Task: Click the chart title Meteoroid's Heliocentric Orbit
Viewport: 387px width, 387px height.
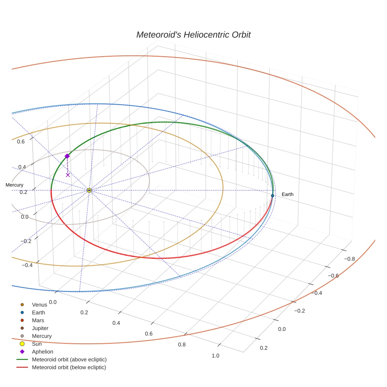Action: (x=193, y=35)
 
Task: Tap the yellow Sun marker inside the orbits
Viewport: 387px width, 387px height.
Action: (x=89, y=190)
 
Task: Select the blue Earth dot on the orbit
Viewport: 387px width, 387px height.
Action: (x=273, y=195)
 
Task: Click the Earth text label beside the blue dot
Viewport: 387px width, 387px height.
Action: (x=287, y=194)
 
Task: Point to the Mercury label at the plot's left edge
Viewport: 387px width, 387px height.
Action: (x=14, y=185)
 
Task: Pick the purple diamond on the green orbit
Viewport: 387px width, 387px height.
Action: (x=67, y=156)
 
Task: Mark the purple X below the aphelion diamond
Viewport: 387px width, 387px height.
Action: (x=68, y=175)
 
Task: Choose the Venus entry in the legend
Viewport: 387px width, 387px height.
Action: (x=39, y=305)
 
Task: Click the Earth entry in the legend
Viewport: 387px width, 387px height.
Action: (x=39, y=313)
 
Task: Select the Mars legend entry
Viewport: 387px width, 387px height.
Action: (x=38, y=321)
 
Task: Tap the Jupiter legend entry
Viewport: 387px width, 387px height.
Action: (x=40, y=328)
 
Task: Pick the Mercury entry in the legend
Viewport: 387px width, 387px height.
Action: (x=42, y=336)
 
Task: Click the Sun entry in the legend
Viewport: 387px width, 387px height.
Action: (x=37, y=344)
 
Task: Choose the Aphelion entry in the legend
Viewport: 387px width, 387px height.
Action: (x=42, y=352)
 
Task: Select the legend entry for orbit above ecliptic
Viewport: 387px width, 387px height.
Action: (x=69, y=359)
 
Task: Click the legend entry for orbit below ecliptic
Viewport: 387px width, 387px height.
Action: (x=69, y=367)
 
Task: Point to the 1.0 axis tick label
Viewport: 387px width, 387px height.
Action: (x=216, y=356)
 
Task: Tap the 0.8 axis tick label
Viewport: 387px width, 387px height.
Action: (x=182, y=345)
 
